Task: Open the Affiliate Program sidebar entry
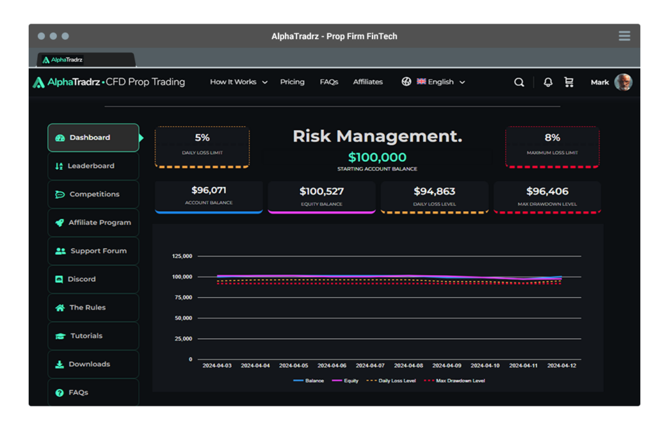click(93, 223)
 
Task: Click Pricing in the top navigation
click(292, 82)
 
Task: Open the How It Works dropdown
click(238, 82)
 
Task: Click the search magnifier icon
click(519, 82)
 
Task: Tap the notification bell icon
click(548, 82)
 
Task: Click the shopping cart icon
click(568, 82)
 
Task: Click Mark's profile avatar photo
click(623, 82)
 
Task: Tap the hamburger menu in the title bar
click(624, 37)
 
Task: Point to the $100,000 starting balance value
click(377, 157)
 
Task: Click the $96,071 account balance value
click(208, 191)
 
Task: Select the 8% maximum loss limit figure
click(552, 138)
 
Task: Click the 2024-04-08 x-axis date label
click(409, 366)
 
